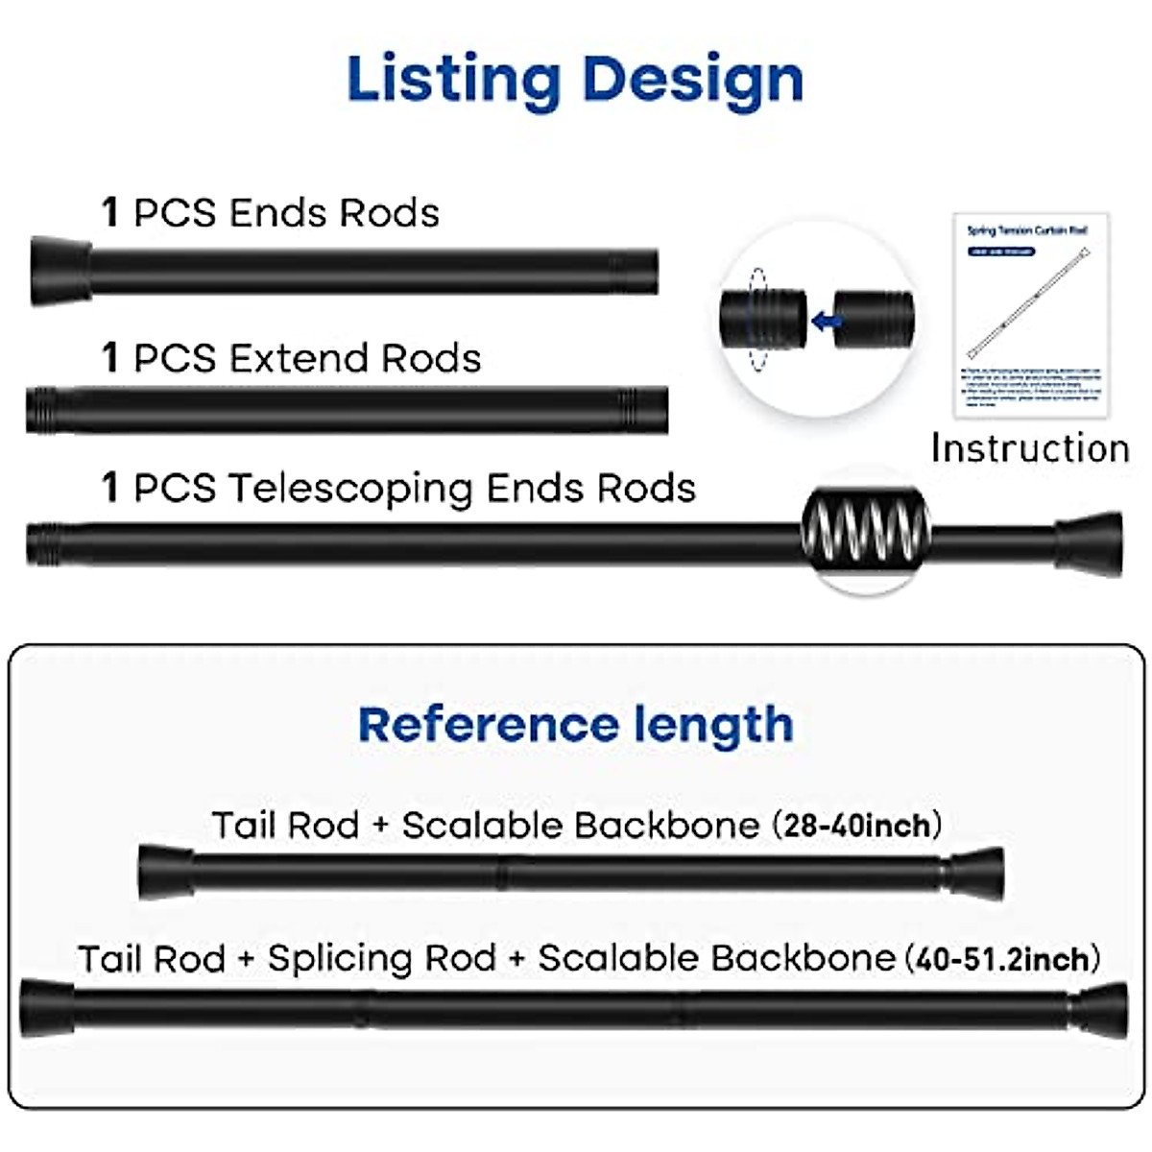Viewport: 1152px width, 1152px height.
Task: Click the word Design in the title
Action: (692, 81)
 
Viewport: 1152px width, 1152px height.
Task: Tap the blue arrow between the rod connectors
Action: (824, 321)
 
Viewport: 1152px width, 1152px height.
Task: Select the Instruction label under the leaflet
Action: (1029, 448)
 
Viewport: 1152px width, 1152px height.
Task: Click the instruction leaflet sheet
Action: (1030, 315)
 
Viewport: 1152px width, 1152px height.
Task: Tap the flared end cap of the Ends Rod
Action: (60, 271)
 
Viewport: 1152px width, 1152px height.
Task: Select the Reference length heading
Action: (575, 725)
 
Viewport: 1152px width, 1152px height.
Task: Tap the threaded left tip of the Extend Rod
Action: (40, 410)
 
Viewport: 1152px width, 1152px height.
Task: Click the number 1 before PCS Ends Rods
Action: (110, 213)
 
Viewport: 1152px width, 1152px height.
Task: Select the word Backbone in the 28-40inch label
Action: (669, 826)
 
